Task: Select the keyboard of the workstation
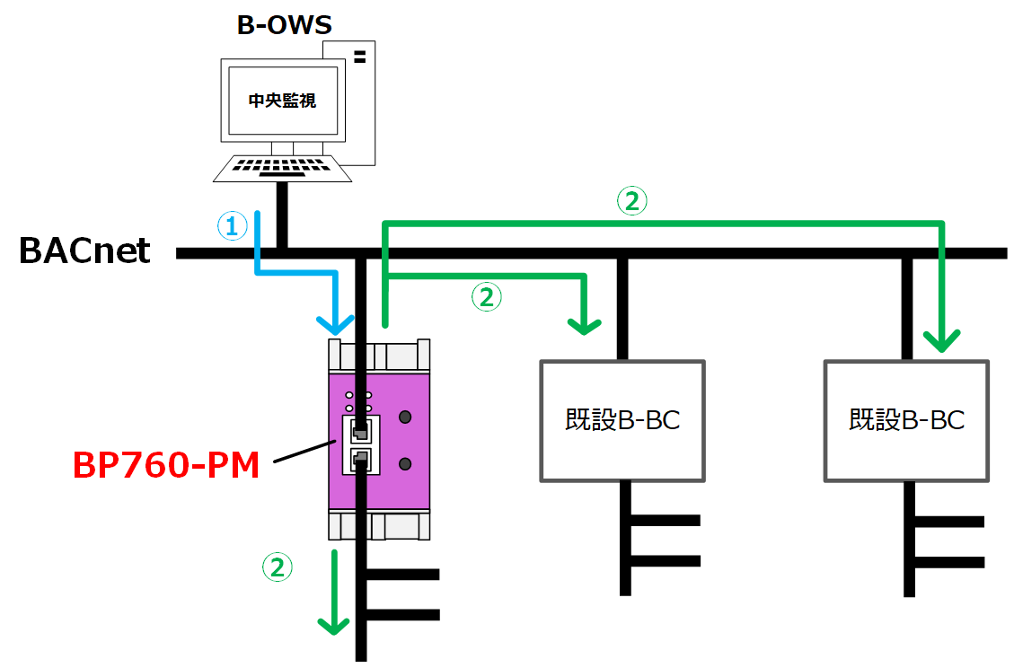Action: [283, 168]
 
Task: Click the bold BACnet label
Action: [85, 251]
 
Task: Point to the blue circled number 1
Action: [232, 226]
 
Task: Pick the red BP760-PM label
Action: [166, 465]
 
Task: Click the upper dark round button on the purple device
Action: [405, 417]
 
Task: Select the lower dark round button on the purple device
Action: [405, 463]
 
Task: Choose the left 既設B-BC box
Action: [622, 420]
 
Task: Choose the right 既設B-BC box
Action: [906, 420]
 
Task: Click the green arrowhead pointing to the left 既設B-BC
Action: [585, 324]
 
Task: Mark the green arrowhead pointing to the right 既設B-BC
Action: [941, 340]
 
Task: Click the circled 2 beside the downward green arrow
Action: [277, 567]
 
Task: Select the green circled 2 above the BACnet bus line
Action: [631, 201]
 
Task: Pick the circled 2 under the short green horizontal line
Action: [487, 297]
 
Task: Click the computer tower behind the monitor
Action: [359, 99]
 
